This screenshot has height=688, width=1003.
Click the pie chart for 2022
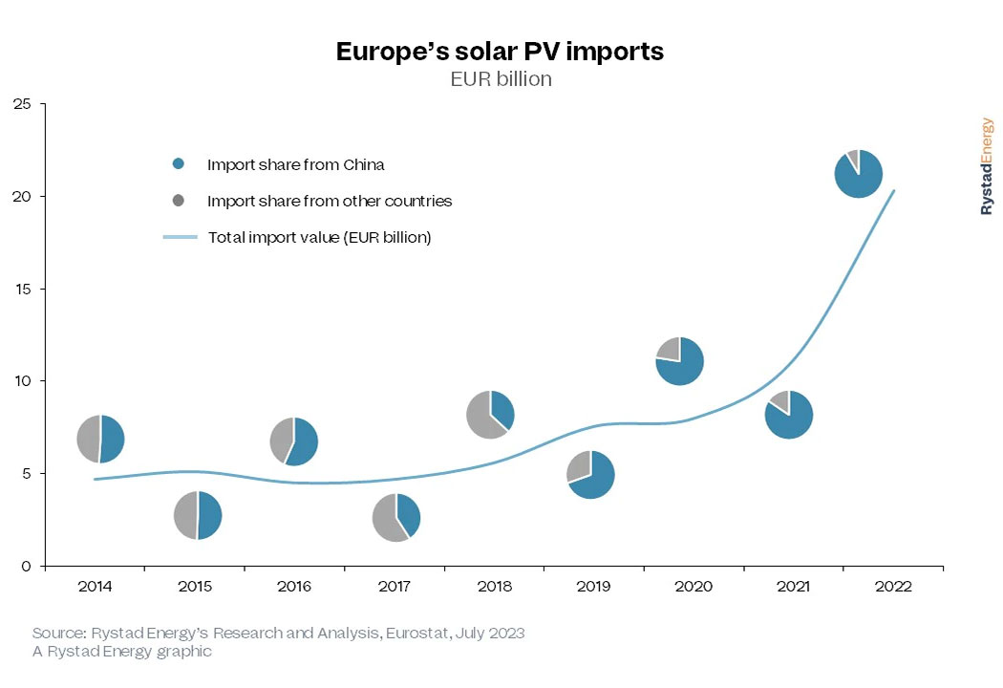click(858, 174)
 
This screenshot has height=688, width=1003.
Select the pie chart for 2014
click(100, 439)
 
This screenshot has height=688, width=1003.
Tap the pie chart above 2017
click(395, 517)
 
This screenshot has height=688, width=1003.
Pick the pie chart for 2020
click(680, 361)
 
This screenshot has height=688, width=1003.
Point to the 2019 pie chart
click(590, 474)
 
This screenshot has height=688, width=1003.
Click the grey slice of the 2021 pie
click(780, 401)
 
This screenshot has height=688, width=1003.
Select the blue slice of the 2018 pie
click(502, 409)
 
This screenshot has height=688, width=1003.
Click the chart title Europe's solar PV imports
click(500, 52)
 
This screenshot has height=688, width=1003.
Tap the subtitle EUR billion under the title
click(501, 79)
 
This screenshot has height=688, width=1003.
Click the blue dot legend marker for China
click(179, 164)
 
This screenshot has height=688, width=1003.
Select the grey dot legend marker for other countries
click(179, 202)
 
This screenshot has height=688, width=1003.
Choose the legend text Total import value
click(319, 237)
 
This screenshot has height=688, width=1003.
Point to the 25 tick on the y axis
click(22, 104)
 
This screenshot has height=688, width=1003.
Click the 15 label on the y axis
click(22, 289)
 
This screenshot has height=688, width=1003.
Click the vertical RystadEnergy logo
click(987, 166)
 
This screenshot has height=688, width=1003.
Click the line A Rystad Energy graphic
click(121, 652)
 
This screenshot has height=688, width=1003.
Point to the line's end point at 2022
click(893, 190)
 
